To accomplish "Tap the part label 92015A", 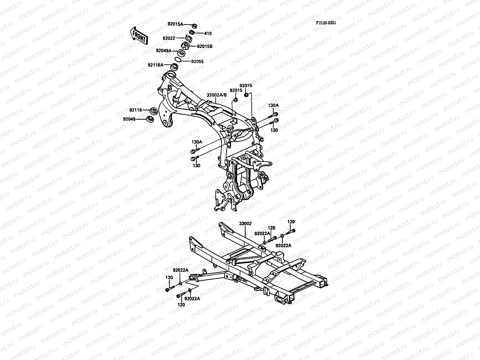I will [x=175, y=24].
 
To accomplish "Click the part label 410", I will [x=208, y=33].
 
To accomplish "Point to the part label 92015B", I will [x=205, y=46].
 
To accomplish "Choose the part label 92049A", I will [x=172, y=51].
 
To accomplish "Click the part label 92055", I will [x=197, y=61].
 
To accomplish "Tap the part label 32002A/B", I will [x=217, y=95].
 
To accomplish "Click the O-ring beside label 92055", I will [x=178, y=60].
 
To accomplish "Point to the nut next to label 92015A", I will [x=194, y=25].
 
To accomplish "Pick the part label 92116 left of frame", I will [x=136, y=110].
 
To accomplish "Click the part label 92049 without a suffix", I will [x=129, y=119].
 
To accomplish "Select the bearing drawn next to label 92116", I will [x=153, y=110].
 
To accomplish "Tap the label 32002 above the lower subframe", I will [x=245, y=223].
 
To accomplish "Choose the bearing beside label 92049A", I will [x=189, y=53].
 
